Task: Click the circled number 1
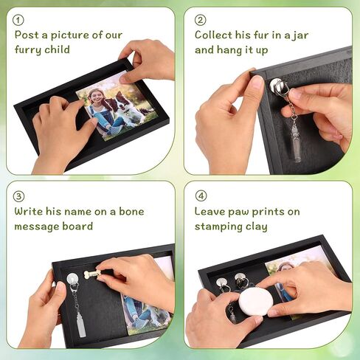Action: [x=18, y=21]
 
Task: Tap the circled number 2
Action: [x=200, y=20]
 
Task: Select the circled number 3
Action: [x=18, y=196]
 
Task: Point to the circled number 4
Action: [x=201, y=196]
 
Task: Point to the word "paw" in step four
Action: [x=238, y=212]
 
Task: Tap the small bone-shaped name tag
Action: [x=92, y=274]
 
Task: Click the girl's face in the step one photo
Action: [x=95, y=97]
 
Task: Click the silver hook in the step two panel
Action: [x=279, y=87]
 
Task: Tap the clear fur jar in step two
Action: [x=295, y=142]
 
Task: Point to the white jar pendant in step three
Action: [x=81, y=325]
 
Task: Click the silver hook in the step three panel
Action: [x=73, y=282]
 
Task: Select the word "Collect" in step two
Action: [x=213, y=35]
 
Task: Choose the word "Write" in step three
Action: [x=29, y=212]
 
